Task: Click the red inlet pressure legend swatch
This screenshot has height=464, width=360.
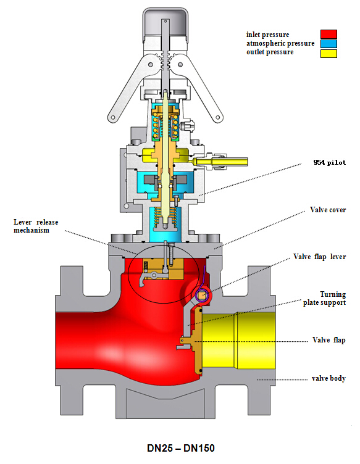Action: point(329,34)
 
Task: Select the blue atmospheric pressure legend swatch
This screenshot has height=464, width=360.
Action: point(329,44)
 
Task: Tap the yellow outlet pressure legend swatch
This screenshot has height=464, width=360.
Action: point(329,54)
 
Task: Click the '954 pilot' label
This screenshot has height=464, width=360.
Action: point(330,162)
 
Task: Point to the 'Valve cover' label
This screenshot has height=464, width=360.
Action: point(328,210)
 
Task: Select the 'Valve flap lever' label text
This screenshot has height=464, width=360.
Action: point(319,257)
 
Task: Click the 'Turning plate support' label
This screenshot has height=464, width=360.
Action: point(324,298)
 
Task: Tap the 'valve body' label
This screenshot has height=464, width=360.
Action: point(329,378)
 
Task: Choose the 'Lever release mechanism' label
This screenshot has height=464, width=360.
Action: point(36,226)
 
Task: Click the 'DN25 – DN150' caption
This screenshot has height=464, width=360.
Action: point(180,448)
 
